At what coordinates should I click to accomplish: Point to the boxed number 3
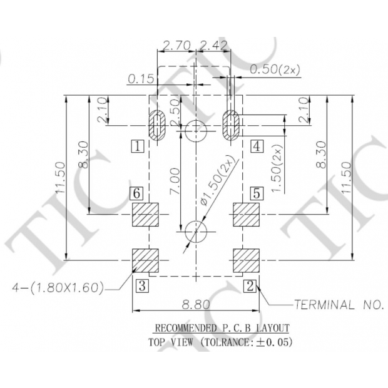pyautogui.click(x=143, y=286)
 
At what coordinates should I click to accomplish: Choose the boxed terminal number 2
pyautogui.click(x=250, y=286)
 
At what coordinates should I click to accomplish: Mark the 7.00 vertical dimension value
pyautogui.click(x=175, y=181)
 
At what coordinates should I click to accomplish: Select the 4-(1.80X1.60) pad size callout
pyautogui.click(x=58, y=288)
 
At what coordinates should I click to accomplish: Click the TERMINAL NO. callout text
pyautogui.click(x=338, y=305)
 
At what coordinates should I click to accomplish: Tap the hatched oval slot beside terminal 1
pyautogui.click(x=156, y=123)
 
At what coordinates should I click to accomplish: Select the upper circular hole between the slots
pyautogui.click(x=196, y=130)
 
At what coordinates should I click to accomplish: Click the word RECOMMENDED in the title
pyautogui.click(x=185, y=328)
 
